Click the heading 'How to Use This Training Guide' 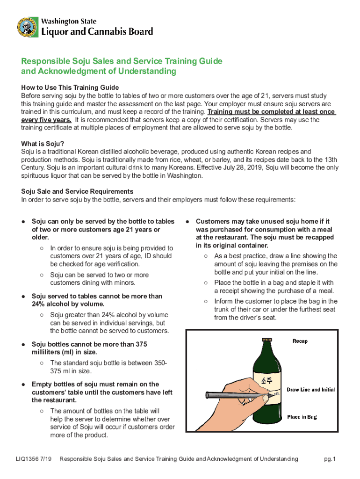coord(70,87)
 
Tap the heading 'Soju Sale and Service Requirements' coord(78,191)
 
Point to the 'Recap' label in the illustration coord(300,341)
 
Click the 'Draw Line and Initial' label coord(310,390)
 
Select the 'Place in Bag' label coord(302,417)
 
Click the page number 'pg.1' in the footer coord(330,459)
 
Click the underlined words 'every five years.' coord(46,120)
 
